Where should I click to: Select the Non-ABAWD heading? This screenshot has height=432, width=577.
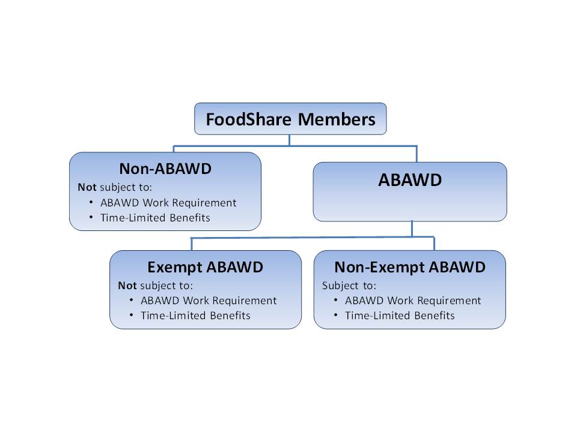pos(165,169)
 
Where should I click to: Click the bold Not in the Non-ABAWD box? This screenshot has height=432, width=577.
pos(87,187)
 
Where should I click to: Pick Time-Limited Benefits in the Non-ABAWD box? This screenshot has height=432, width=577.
pos(155,218)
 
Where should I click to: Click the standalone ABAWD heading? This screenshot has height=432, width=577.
pos(410,180)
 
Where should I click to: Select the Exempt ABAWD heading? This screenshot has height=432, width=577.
pos(206,267)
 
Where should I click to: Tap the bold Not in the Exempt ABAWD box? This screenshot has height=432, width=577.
pos(127,285)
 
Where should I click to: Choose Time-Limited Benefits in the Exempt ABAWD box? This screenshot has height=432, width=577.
pos(195,316)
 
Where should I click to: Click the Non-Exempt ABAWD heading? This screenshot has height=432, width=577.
pos(410,267)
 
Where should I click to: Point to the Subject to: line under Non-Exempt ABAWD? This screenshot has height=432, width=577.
pos(349,285)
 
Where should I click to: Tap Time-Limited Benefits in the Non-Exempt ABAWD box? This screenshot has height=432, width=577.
pos(400,316)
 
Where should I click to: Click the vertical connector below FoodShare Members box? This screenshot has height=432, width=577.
pos(290,140)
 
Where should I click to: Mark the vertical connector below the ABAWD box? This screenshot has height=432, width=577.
pos(412,229)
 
